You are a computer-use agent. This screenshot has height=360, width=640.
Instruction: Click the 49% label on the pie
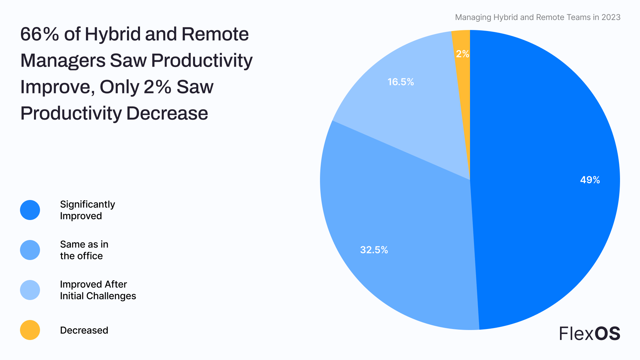click(x=590, y=180)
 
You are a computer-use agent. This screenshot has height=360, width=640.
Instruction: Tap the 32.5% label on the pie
click(x=374, y=250)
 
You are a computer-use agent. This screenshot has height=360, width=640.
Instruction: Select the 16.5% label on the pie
click(x=400, y=82)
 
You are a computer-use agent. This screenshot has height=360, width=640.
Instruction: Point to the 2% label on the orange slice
click(x=462, y=54)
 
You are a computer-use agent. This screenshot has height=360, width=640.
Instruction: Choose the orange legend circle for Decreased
click(x=30, y=330)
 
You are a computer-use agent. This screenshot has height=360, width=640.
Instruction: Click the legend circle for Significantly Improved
click(x=30, y=210)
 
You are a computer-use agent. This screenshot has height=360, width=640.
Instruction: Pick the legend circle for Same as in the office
click(x=30, y=250)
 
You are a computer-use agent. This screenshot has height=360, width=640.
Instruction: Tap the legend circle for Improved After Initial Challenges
click(x=30, y=290)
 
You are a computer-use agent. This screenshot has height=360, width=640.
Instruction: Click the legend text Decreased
click(x=84, y=330)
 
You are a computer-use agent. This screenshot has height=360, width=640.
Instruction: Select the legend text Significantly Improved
click(x=87, y=210)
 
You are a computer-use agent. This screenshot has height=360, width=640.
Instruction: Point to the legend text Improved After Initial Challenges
click(x=98, y=290)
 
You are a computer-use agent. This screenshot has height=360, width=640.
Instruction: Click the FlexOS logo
click(x=589, y=333)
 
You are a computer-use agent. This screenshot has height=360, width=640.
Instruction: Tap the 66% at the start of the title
click(x=40, y=34)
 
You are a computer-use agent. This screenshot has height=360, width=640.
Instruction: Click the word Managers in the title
click(x=63, y=61)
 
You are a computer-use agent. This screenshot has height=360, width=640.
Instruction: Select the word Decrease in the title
click(x=167, y=113)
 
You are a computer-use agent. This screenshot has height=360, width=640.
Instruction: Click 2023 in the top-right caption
click(x=611, y=17)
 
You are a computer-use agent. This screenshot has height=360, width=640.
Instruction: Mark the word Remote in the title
click(x=215, y=34)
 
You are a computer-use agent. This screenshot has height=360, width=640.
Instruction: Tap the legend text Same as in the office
click(x=84, y=250)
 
